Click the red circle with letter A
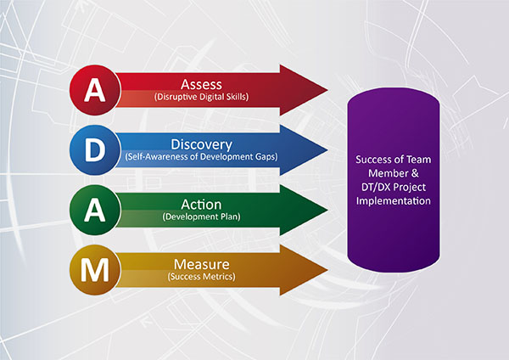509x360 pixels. pos(95,90)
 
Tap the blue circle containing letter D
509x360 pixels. pos(95,150)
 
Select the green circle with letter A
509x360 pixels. pos(95,210)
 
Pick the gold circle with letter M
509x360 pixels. pos(95,270)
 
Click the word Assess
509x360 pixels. pos(201,84)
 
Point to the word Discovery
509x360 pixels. pos(201,145)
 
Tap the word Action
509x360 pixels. pos(201,205)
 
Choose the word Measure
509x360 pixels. pos(201,264)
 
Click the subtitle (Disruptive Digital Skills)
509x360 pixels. pos(201,97)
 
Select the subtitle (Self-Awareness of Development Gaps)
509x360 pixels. pos(201,157)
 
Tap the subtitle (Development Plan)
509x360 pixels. pos(201,217)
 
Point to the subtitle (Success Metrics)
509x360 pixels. pos(201,277)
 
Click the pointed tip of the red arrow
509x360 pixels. pos(327,90)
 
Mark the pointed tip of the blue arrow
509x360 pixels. pos(327,150)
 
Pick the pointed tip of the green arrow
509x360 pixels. pos(327,210)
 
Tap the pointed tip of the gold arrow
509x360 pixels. pos(327,270)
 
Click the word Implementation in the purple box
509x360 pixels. pos(394,201)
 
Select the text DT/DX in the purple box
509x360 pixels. pos(376,187)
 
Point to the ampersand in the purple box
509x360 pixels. pos(415,173)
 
